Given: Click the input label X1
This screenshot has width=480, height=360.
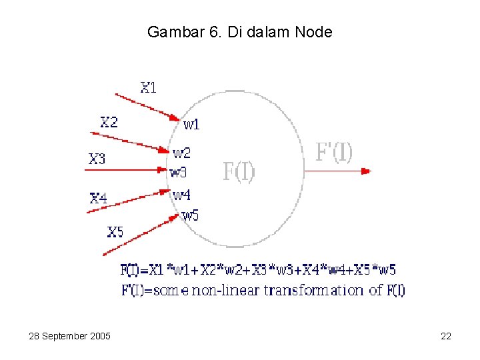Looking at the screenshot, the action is tap(148, 87).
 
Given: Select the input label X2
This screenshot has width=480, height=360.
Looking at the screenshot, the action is tap(109, 122).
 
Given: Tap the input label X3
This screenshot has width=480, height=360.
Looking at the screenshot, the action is tap(97, 159).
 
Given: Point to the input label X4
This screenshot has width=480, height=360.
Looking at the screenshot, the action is tap(98, 198).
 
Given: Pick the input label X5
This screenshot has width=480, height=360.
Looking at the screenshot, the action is tap(115, 232).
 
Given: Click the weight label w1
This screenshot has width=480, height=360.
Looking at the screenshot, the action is tap(191, 124).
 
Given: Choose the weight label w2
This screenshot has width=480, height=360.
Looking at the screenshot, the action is tap(181, 153).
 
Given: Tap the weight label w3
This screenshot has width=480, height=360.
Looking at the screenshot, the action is tap(178, 173).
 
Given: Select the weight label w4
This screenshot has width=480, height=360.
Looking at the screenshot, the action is tap(181, 195).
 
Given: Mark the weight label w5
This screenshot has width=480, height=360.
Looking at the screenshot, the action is tap(190, 215).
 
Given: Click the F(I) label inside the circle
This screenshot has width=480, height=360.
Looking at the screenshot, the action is tap(238, 172).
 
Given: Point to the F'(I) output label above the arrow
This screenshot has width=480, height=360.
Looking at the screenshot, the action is tap(333, 153).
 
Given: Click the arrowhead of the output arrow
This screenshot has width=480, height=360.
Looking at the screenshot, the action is tap(365, 171).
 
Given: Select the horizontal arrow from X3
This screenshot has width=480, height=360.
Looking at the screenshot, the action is tap(127, 171).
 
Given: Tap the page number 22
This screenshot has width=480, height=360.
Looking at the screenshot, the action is tap(446, 336).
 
